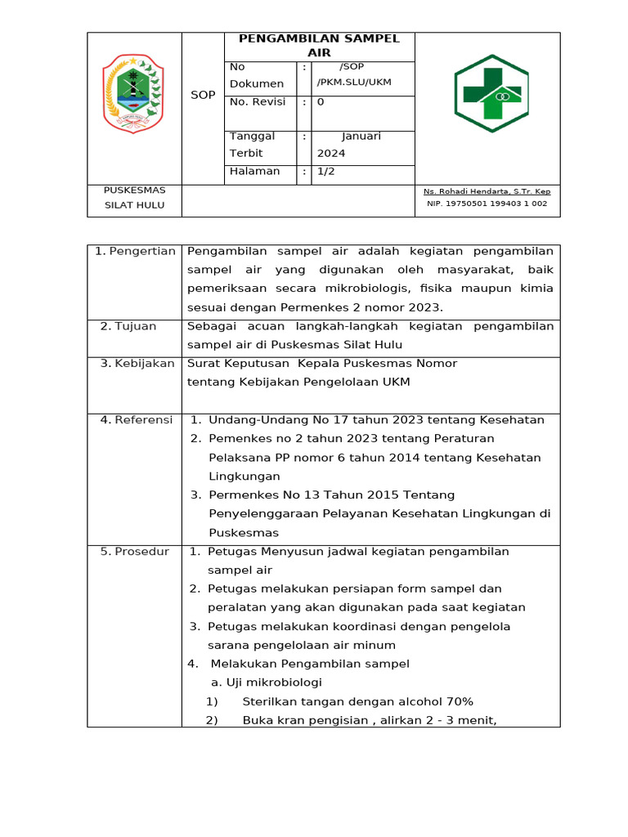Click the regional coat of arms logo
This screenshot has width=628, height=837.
tap(133, 94)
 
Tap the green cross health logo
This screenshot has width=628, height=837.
tap(491, 94)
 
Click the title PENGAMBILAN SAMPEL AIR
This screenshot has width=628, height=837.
tap(319, 46)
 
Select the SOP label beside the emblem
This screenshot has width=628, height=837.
tap(203, 95)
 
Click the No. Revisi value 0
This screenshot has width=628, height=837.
tap(321, 102)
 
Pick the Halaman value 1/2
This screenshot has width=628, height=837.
tap(326, 172)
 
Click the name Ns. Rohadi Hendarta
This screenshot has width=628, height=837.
tap(487, 191)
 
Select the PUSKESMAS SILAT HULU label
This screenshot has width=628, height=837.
tap(134, 198)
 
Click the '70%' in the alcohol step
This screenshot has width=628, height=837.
tap(460, 701)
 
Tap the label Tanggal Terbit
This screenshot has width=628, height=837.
tap(253, 145)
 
